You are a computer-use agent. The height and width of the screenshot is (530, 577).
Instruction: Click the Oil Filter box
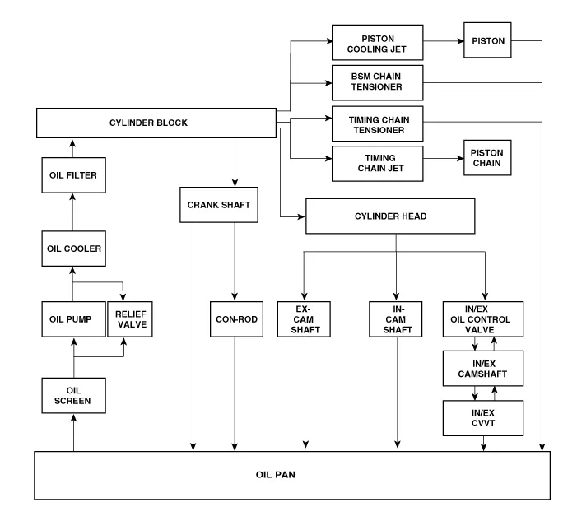(72, 174)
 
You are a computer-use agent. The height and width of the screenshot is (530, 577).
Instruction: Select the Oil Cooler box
(72, 247)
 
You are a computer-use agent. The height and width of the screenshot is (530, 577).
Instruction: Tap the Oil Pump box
(72, 319)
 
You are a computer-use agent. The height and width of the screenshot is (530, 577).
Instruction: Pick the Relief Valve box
(130, 319)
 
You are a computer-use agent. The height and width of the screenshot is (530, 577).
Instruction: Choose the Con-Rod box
(235, 319)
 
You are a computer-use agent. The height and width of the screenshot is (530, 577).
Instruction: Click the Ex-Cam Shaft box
(305, 319)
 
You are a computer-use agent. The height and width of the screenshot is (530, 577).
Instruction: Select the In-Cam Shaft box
(397, 319)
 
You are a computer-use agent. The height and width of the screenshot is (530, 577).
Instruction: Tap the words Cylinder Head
(390, 217)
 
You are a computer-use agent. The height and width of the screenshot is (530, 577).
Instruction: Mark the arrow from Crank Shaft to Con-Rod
(235, 260)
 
